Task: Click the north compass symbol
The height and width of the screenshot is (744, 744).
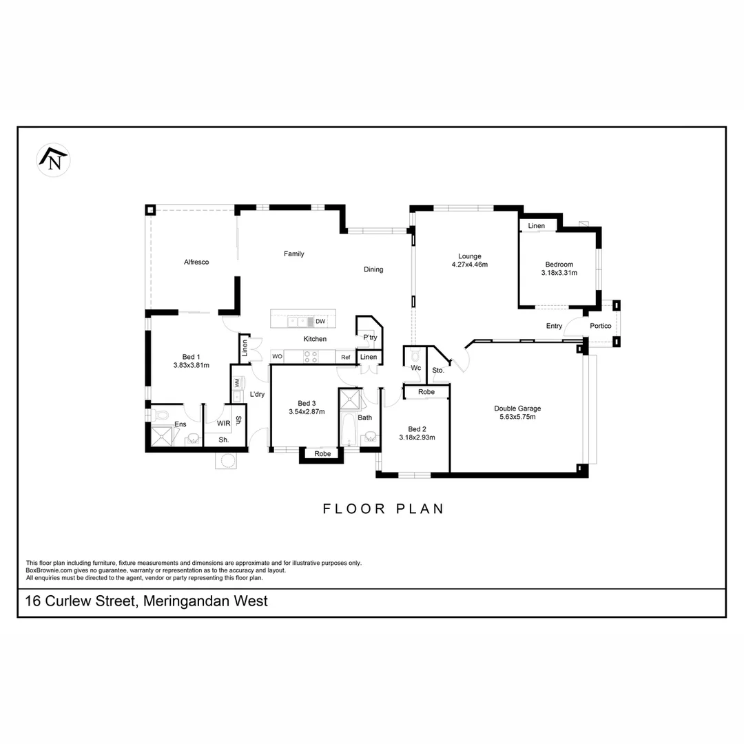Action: (x=54, y=161)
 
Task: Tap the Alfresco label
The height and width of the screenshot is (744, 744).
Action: (x=196, y=262)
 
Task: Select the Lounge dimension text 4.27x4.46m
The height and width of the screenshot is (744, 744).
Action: (x=470, y=265)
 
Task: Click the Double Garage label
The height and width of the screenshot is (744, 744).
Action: (x=517, y=409)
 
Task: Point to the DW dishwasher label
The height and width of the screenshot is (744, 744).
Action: (x=320, y=322)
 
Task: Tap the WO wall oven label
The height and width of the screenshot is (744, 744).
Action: (x=277, y=357)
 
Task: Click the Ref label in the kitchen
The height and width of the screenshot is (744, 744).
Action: (x=346, y=358)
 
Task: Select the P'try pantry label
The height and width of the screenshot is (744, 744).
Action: (x=370, y=338)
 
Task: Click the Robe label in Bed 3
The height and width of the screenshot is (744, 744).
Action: (x=322, y=454)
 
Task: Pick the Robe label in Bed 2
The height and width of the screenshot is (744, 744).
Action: (x=426, y=392)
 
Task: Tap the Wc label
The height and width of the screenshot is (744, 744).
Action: (x=415, y=369)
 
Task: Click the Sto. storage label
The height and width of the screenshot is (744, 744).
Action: (x=438, y=371)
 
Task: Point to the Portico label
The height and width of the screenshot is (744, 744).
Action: (x=600, y=326)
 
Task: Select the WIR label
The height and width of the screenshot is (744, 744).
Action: (x=223, y=424)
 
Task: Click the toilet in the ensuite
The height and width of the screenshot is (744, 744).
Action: (x=161, y=415)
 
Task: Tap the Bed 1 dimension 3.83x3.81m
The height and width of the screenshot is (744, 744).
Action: (x=192, y=366)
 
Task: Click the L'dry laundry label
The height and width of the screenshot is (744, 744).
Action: (x=257, y=395)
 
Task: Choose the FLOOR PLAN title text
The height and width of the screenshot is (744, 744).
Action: (x=384, y=509)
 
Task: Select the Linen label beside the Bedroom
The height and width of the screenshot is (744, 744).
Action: (x=537, y=226)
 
